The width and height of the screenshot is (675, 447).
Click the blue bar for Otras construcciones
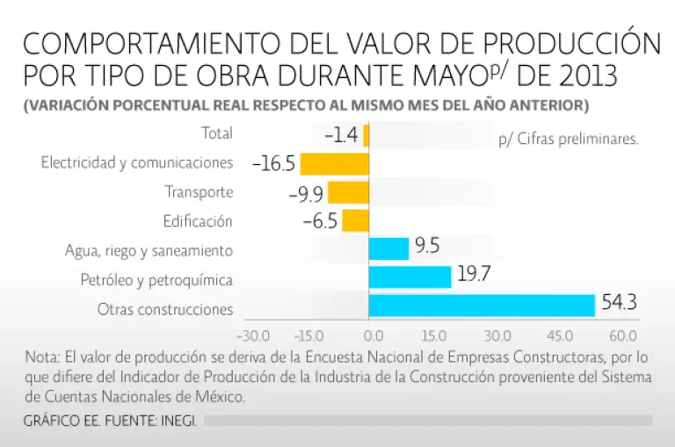click(482, 305)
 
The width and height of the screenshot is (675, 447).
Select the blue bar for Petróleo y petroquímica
click(410, 277)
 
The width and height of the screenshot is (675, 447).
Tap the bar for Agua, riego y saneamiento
click(388, 249)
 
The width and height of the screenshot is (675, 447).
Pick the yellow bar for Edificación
click(355, 220)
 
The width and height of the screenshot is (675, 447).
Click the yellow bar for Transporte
click(348, 191)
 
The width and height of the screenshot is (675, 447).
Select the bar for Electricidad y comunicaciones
click(334, 163)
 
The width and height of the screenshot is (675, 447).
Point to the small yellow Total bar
click(366, 135)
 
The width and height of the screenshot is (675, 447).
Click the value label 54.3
click(620, 304)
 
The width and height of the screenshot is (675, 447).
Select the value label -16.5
click(272, 163)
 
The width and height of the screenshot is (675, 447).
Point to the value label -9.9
click(306, 192)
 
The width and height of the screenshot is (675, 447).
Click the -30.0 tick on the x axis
click(253, 335)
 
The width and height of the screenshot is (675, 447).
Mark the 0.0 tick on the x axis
click(373, 335)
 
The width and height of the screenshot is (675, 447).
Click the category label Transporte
click(199, 191)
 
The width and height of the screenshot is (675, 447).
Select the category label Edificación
click(198, 220)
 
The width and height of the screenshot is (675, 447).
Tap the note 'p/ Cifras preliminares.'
click(567, 139)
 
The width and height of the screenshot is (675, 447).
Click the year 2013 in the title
click(583, 76)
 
